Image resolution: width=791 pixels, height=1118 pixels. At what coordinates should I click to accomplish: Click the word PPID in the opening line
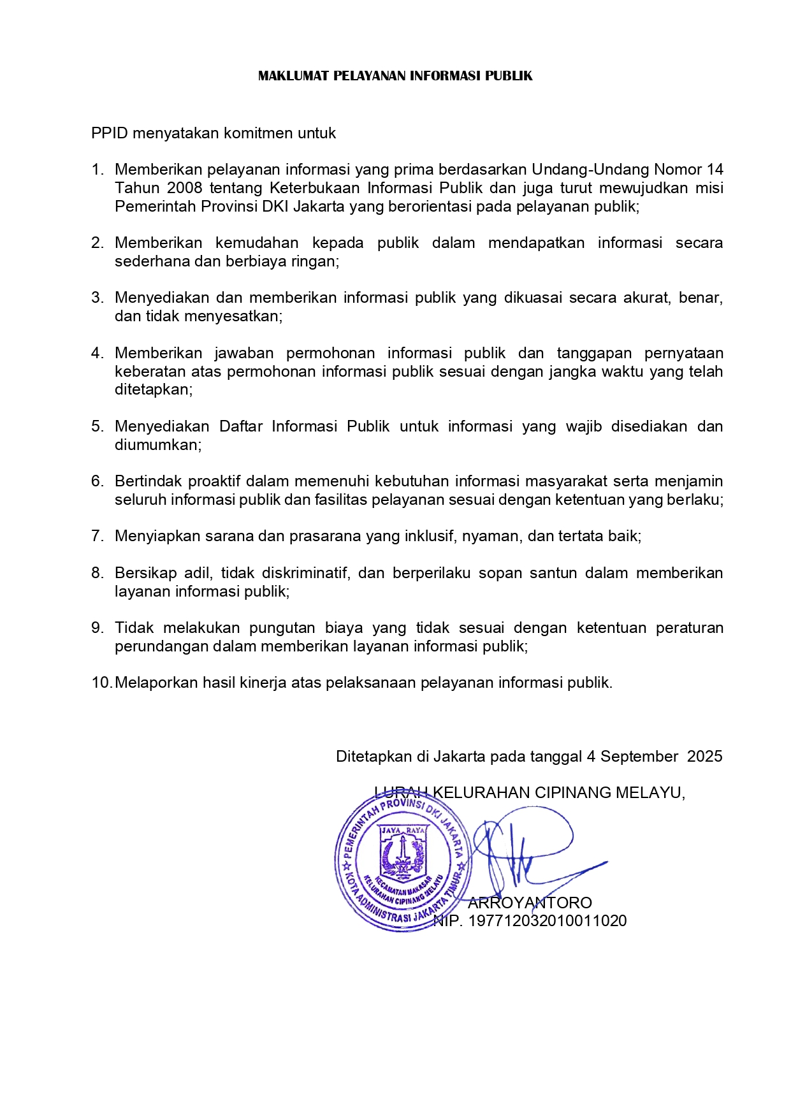[x=110, y=133]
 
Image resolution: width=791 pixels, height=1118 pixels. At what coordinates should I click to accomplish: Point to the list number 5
[x=97, y=426]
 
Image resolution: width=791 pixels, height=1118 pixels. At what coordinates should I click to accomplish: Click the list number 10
[x=101, y=683]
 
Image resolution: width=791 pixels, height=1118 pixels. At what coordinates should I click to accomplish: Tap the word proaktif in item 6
[x=214, y=481]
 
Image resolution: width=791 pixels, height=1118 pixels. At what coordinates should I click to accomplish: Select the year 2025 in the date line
[x=705, y=757]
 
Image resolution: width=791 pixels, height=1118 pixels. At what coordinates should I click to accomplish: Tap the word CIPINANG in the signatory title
[x=570, y=793]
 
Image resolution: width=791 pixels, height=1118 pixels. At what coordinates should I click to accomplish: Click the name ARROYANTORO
[x=530, y=903]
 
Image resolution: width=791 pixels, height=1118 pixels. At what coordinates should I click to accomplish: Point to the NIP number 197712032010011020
[x=548, y=921]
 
